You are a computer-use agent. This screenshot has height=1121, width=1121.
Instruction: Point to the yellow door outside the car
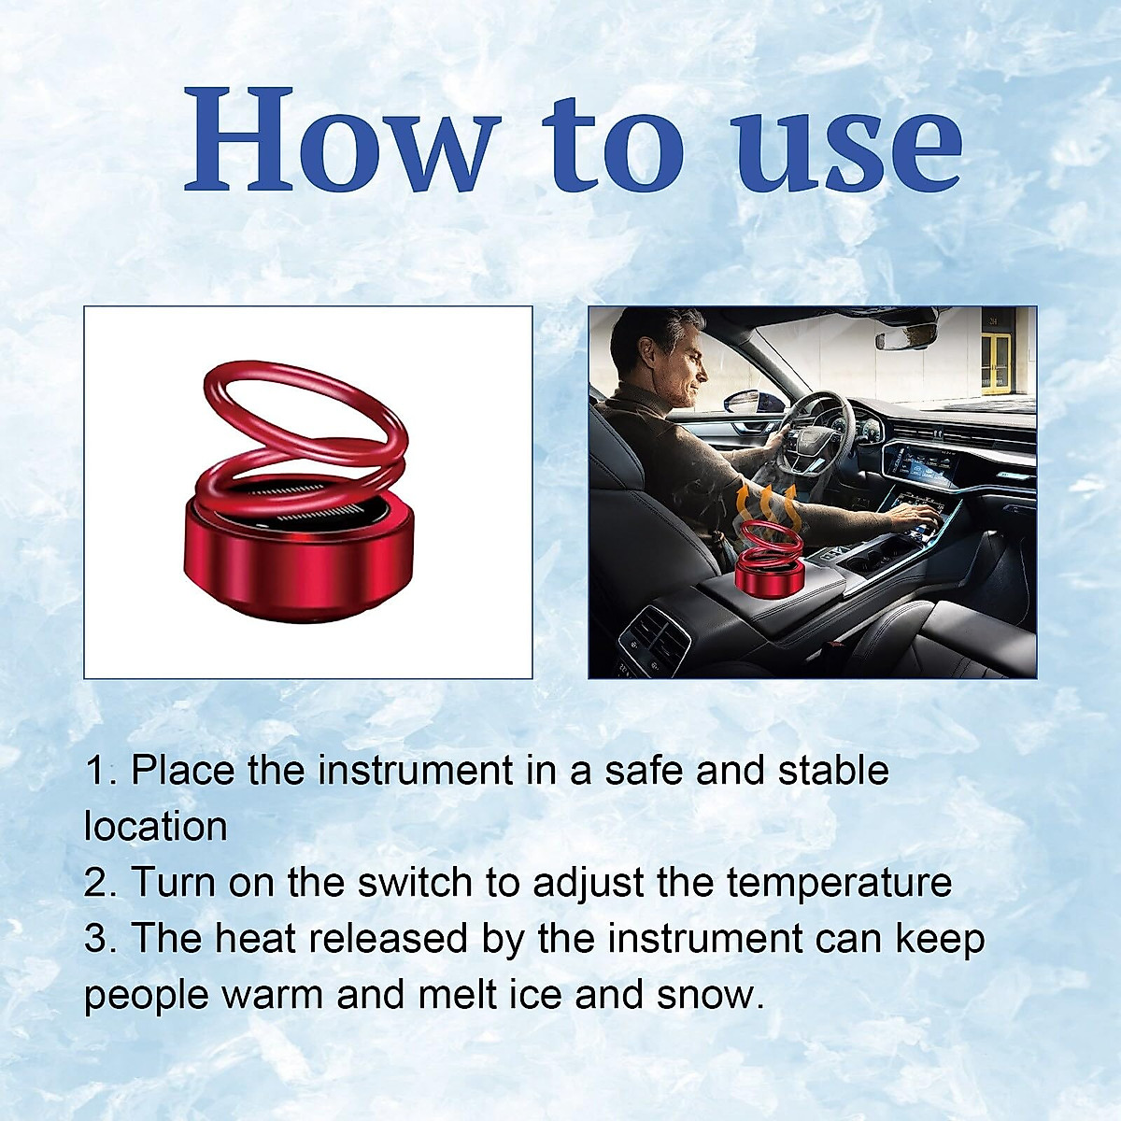pyautogui.click(x=996, y=360)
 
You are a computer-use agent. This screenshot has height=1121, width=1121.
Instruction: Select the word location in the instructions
pyautogui.click(x=156, y=827)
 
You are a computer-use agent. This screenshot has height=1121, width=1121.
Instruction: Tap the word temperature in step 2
pyautogui.click(x=839, y=883)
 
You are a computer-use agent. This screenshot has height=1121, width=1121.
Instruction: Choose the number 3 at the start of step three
pyautogui.click(x=94, y=939)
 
